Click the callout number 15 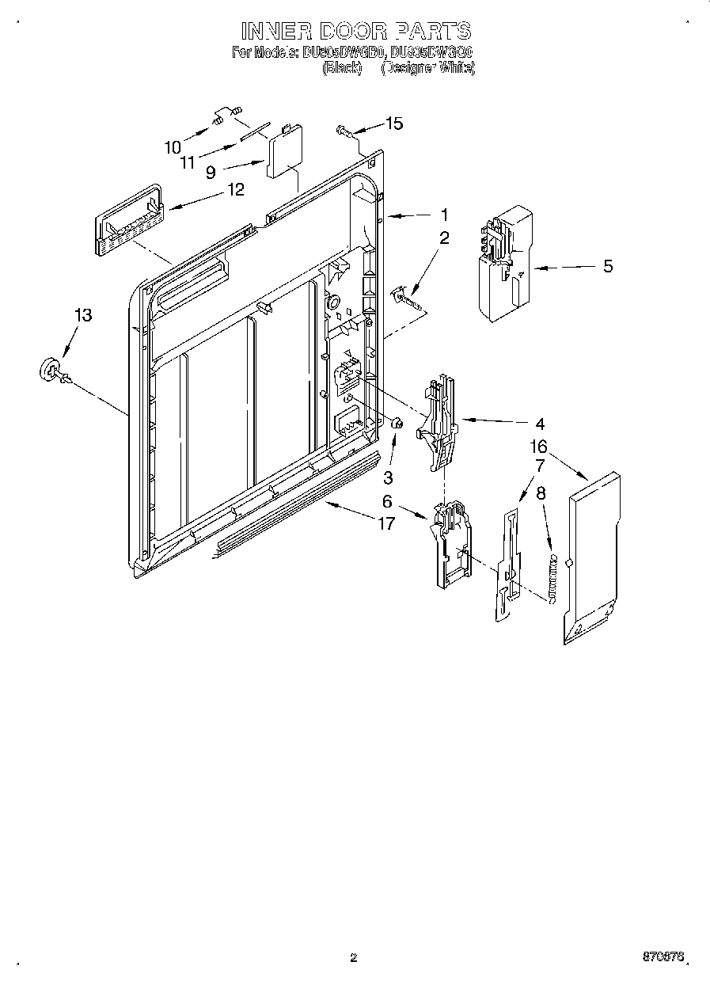click(394, 123)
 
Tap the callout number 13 click(82, 315)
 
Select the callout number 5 click(608, 266)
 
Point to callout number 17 click(386, 524)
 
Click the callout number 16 click(538, 448)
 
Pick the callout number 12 click(235, 189)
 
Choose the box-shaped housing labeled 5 click(505, 263)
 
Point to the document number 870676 click(663, 956)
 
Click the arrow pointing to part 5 click(565, 268)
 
